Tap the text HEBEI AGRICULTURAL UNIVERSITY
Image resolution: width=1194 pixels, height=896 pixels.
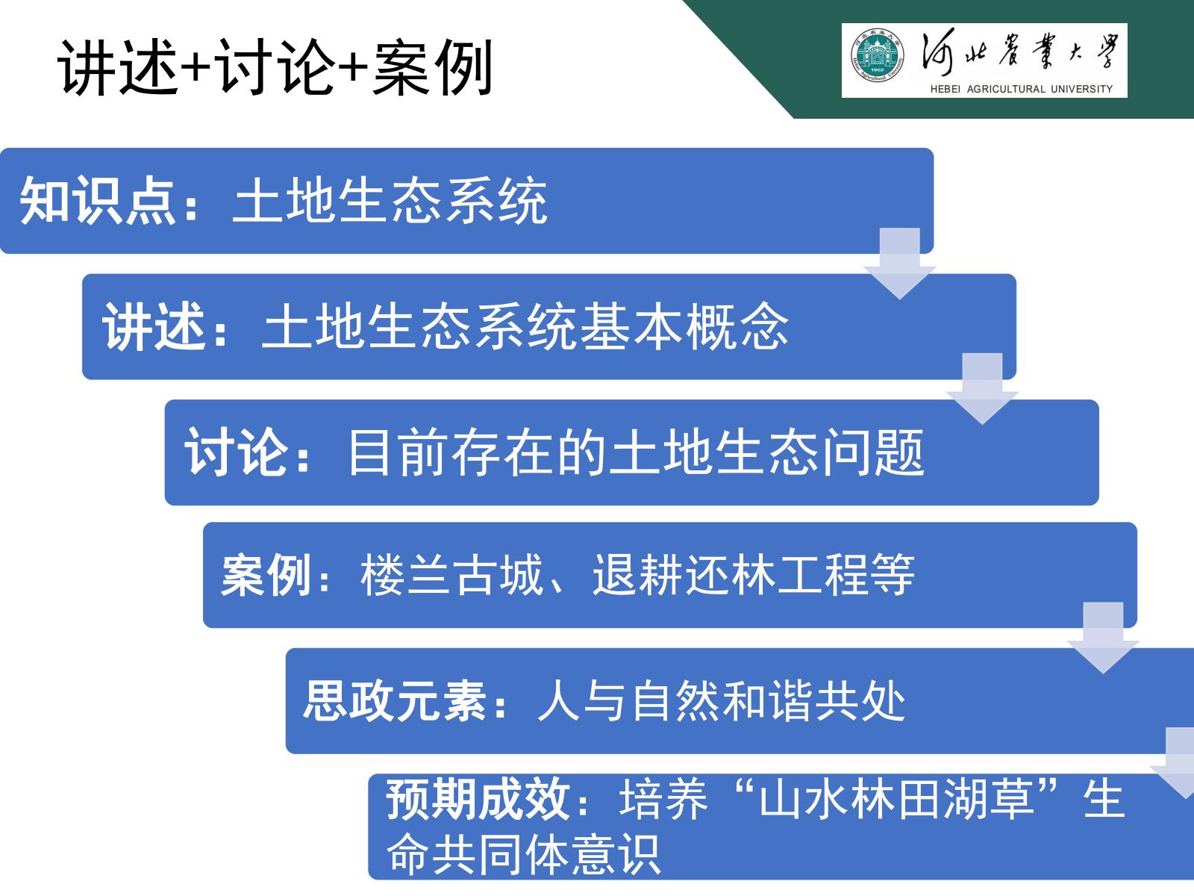pyautogui.click(x=1021, y=89)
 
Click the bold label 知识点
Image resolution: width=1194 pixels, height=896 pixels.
pyautogui.click(x=98, y=201)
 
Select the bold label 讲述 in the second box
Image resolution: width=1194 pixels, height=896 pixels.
pyautogui.click(x=154, y=327)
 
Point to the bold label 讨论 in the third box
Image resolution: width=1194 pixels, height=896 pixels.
pyautogui.click(x=237, y=452)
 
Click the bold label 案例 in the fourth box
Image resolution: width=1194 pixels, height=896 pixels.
pyautogui.click(x=266, y=576)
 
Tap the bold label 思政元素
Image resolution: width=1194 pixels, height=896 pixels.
pyautogui.click(x=394, y=701)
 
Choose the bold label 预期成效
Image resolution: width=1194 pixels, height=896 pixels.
pyautogui.click(x=478, y=799)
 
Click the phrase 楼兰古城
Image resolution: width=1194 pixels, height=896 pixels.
pyautogui.click(x=451, y=576)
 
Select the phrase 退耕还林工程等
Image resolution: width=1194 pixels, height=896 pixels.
pyautogui.click(x=754, y=576)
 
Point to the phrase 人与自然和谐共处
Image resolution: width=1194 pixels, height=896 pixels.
pyautogui.click(x=722, y=701)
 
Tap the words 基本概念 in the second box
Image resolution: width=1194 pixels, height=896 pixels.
pyautogui.click(x=684, y=327)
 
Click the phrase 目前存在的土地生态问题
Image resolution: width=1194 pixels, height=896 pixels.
pyautogui.click(x=636, y=452)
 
